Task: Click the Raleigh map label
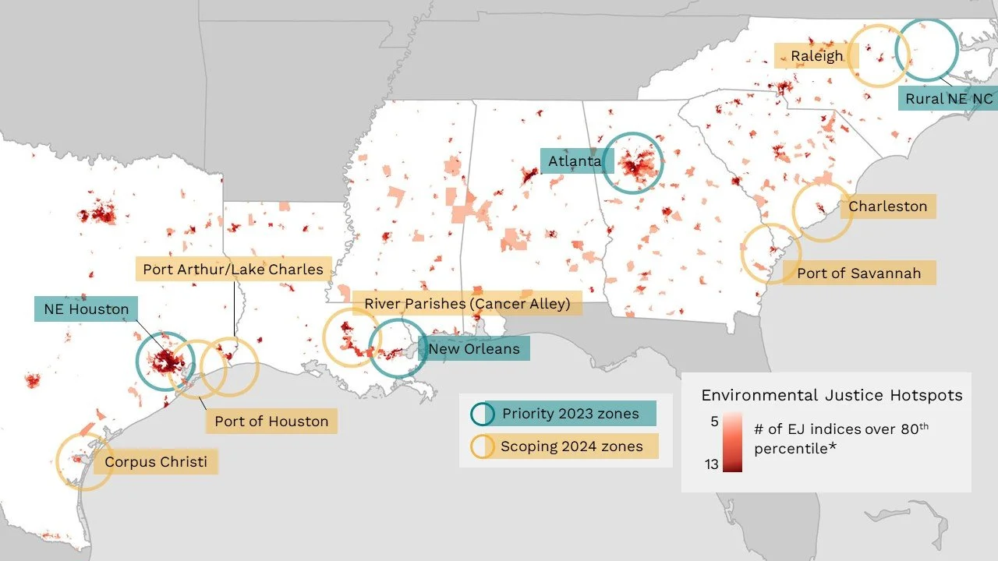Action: point(816,56)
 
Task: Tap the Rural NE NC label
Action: point(948,99)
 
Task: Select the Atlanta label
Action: point(575,161)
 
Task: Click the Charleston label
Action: point(887,206)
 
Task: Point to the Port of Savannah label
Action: point(858,273)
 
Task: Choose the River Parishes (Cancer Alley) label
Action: point(467,303)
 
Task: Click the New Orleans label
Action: point(473,348)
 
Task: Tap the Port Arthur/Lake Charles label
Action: point(233,270)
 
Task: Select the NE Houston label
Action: point(86,309)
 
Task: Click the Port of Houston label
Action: point(271,421)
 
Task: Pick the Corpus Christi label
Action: point(156,462)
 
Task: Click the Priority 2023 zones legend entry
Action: point(569,413)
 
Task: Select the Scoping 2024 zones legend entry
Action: point(572,446)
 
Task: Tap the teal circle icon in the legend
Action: point(482,414)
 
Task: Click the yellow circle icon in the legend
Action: point(482,446)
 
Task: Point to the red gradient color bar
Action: point(732,443)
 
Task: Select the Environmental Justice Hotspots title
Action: point(831,395)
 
